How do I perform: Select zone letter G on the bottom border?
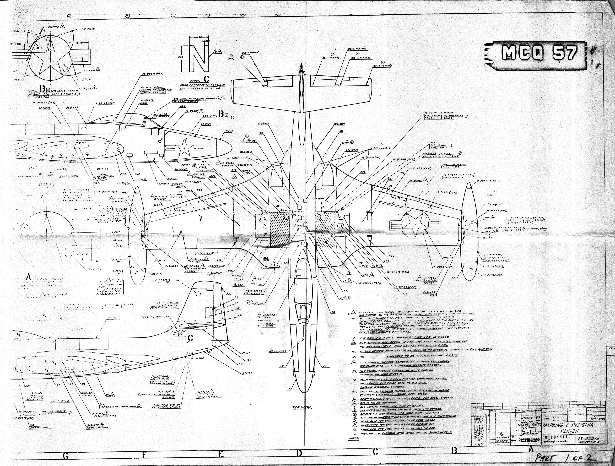66,456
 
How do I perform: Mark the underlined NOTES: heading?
353,438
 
